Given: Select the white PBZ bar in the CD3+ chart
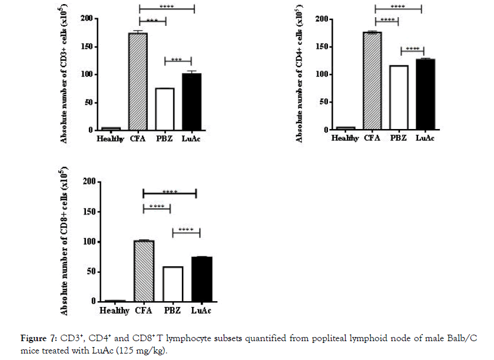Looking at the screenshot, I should click(x=165, y=109).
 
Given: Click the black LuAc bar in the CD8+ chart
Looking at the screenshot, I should click(x=201, y=279).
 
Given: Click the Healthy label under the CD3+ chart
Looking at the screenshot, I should click(x=110, y=139).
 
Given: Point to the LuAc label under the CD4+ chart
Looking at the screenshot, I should click(x=425, y=138).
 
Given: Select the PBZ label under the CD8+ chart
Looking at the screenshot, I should click(x=172, y=311).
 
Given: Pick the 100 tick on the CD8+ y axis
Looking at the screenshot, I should click(x=90, y=242).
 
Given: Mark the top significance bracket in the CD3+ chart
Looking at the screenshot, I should click(x=166, y=8).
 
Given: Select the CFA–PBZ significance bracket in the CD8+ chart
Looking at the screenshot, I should click(x=157, y=208).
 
